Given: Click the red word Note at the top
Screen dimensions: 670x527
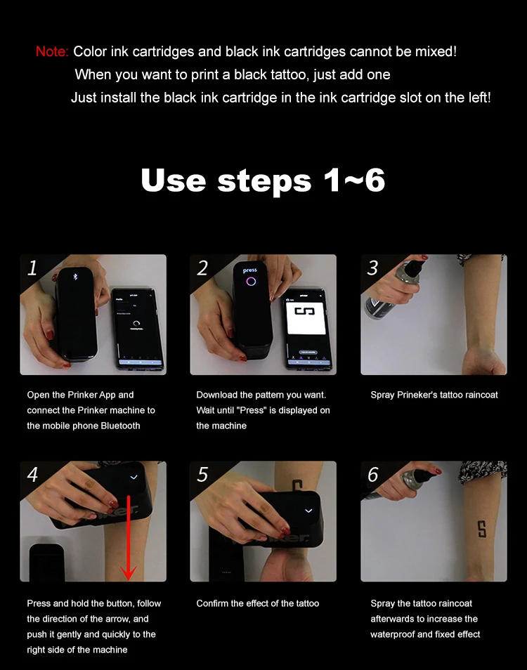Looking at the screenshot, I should click(x=51, y=52).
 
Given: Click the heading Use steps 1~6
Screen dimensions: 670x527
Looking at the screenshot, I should click(x=263, y=180).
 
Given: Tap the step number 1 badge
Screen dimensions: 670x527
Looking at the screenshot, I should click(x=32, y=268).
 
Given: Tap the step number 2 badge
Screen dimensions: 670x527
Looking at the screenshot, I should click(x=202, y=268).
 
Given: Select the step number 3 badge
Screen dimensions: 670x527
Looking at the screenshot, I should click(x=373, y=268).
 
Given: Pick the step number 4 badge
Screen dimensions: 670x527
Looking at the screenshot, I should click(x=32, y=475).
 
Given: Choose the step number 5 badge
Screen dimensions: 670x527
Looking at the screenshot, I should click(x=202, y=475).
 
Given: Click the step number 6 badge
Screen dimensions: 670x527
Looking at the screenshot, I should click(x=373, y=475).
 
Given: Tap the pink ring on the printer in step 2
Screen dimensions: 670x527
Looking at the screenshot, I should click(x=249, y=282).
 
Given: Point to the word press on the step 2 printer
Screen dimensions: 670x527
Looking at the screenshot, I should click(x=249, y=270).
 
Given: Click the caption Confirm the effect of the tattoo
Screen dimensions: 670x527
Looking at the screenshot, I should click(x=257, y=603).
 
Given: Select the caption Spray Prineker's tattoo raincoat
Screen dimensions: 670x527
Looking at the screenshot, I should click(x=434, y=395).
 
